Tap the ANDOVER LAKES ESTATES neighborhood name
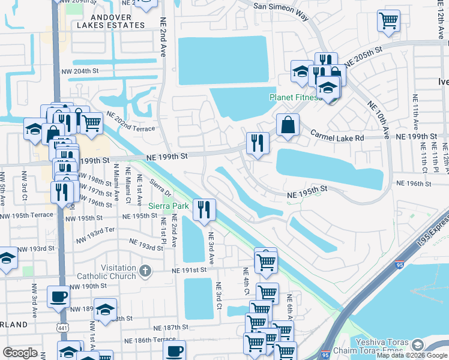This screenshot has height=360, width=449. (111, 20)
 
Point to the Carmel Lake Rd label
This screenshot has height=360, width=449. (337, 136)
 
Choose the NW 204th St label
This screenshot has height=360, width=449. (80, 71)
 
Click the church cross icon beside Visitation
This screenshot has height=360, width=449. (145, 271)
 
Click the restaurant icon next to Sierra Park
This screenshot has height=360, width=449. (205, 209)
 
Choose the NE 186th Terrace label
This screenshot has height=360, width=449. (156, 340)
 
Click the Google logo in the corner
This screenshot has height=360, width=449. (20, 352)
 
